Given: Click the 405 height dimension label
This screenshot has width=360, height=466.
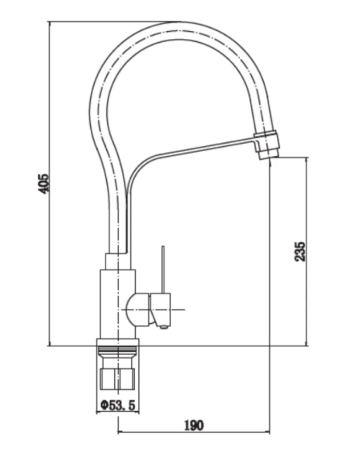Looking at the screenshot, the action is pos(43,183).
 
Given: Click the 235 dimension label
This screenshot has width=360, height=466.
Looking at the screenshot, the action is pos(299,252).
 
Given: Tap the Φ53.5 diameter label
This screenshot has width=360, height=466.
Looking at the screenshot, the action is pos(118,405).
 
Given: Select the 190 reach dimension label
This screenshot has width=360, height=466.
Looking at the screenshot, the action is pos(194,426).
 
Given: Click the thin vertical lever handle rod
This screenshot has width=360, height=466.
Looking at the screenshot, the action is pos(163,270).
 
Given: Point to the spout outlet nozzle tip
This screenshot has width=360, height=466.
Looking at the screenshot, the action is pos(269,154).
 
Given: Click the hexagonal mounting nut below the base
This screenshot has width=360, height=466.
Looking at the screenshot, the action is pos(118,379).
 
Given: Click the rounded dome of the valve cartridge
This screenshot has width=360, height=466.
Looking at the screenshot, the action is pos(137,309).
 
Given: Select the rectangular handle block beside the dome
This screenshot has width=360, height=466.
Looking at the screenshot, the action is pos(161,308).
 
